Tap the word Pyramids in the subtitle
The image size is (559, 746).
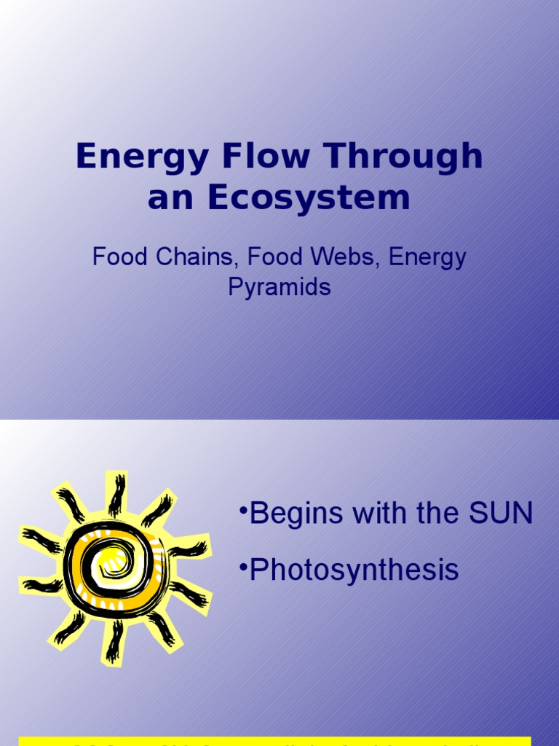pyautogui.click(x=279, y=287)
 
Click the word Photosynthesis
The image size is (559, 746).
pyautogui.click(x=354, y=570)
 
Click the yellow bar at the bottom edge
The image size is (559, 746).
pyautogui.click(x=279, y=742)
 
